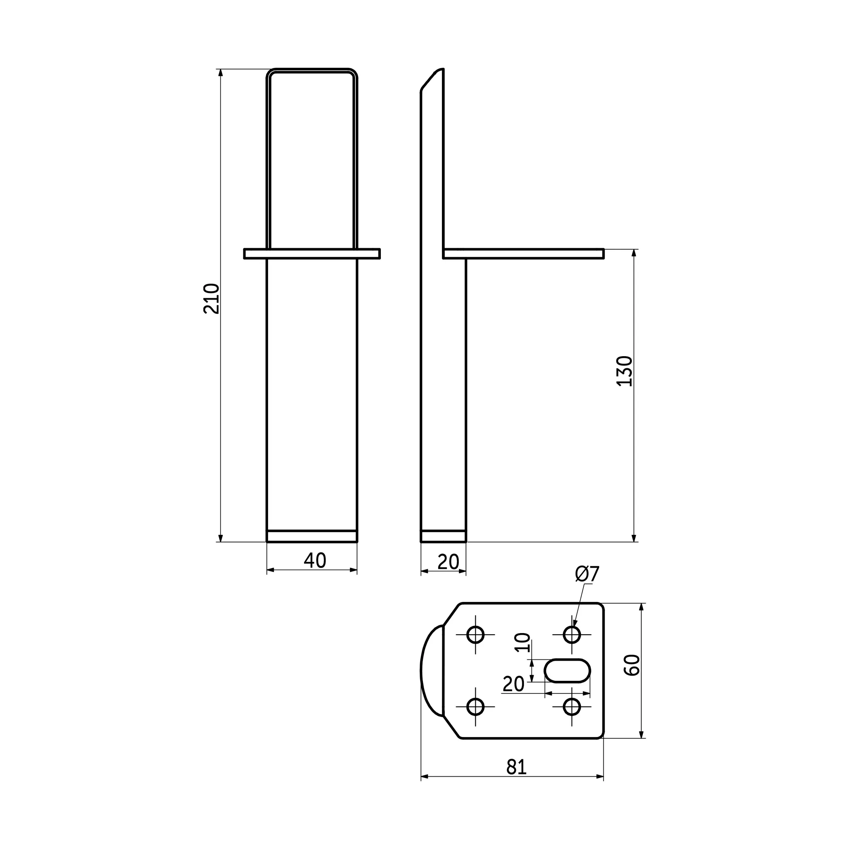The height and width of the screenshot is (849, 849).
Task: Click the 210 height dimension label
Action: tap(211, 298)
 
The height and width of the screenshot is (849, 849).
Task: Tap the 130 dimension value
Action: tap(625, 371)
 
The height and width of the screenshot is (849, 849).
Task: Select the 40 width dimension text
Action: tap(315, 560)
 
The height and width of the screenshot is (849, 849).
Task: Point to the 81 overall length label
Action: tap(516, 767)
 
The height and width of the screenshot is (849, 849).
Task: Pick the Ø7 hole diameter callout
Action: tap(587, 574)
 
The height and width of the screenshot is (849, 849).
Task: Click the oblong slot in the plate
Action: tap(567, 671)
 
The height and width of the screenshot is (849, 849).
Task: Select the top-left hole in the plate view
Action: tap(475, 635)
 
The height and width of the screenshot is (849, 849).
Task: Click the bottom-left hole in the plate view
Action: tap(475, 707)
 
